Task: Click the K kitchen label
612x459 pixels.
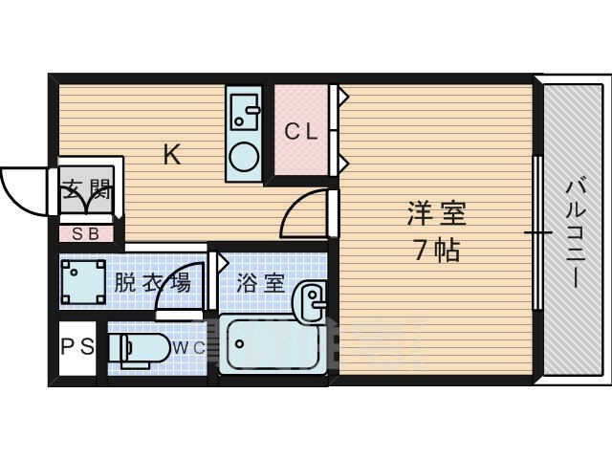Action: tap(172, 154)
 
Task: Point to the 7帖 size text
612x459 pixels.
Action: tap(436, 251)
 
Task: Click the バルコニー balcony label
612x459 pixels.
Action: tap(574, 229)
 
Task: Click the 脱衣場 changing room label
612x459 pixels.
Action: tap(152, 282)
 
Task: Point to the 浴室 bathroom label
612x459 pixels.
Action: tap(260, 283)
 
